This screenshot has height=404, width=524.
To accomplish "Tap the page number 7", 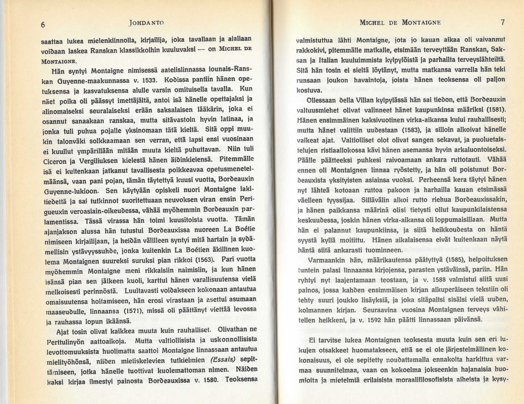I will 502,22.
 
